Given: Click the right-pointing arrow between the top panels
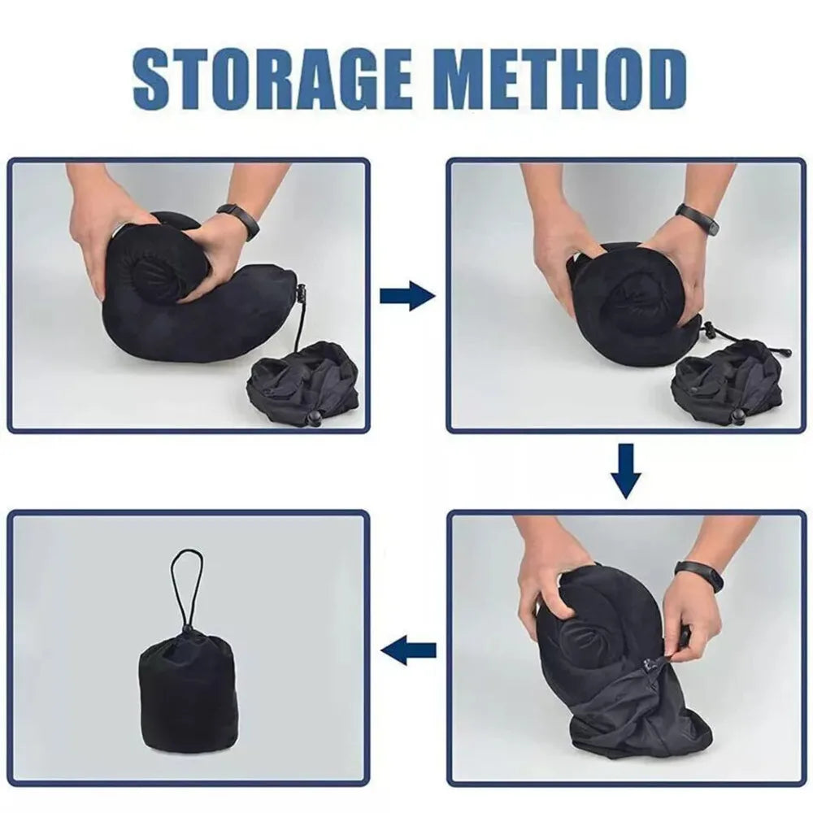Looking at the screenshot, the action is click(407, 296).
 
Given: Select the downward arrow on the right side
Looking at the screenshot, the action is click(626, 471).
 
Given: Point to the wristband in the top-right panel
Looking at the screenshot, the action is click(700, 219).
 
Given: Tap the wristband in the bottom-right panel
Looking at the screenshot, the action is click(698, 575).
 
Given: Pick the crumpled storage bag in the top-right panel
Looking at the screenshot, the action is click(727, 386).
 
